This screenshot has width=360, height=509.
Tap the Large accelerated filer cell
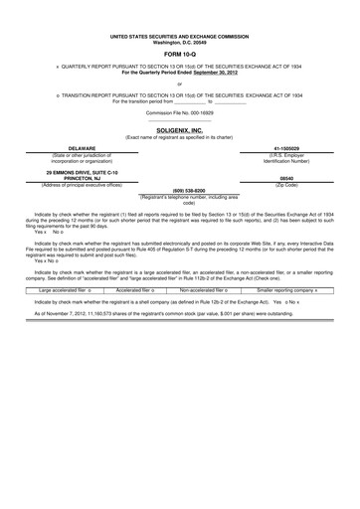tap(65, 289)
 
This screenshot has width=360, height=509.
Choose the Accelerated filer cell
tap(138, 289)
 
